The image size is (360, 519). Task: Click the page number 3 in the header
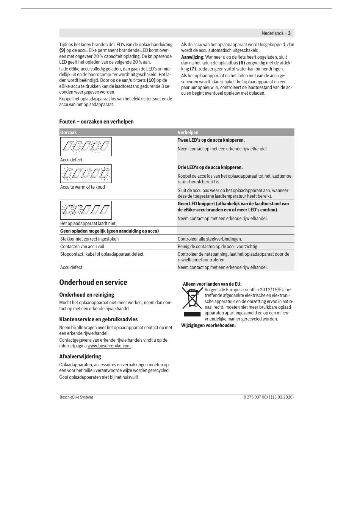[x=289, y=33]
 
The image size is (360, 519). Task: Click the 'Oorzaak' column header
[x=69, y=133]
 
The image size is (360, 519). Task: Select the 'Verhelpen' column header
[x=188, y=133]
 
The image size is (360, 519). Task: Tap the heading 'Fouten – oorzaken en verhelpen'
[x=96, y=122]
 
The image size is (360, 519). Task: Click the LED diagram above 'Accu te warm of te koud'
[x=86, y=174]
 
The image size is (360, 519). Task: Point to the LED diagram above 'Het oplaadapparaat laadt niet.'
[x=86, y=210]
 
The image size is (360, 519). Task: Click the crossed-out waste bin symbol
[x=192, y=298]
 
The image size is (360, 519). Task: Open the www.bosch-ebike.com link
[x=109, y=346]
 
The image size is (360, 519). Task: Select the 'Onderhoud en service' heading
[x=93, y=283]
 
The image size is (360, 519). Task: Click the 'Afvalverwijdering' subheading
[x=80, y=356]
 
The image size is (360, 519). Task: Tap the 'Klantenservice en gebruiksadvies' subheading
[x=99, y=319]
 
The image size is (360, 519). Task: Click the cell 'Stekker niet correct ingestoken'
[x=89, y=239]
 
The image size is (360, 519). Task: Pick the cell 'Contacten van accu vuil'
[x=82, y=247]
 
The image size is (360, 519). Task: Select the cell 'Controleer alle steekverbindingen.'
[x=210, y=239]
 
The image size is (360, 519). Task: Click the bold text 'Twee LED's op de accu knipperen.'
[x=211, y=140]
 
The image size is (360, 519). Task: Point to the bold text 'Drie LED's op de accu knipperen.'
[x=210, y=167]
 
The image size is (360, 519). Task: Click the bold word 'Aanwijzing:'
[x=193, y=57]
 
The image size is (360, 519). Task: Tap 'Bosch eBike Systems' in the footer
[x=77, y=397]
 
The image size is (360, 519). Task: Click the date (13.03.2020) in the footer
[x=282, y=397]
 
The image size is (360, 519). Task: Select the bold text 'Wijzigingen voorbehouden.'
[x=208, y=325]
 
